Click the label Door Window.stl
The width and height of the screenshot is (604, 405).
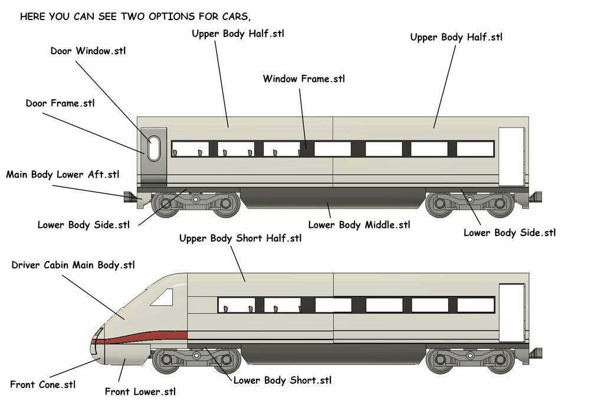88,51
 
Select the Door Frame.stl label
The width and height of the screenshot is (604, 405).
60,103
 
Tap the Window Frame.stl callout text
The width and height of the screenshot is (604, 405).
304,79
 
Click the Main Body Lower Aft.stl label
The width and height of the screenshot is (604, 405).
63,175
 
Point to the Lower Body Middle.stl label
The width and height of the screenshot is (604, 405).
359,225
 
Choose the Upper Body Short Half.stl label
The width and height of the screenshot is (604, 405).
240,239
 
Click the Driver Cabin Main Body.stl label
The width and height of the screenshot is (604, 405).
73,265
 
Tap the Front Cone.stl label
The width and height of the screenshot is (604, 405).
43,385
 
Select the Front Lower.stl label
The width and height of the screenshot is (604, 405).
140,391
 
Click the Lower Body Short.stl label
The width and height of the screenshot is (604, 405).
283,380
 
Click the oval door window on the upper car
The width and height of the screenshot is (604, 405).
153,148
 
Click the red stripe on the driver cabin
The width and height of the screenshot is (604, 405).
147,337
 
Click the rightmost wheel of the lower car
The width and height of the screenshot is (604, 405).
501,360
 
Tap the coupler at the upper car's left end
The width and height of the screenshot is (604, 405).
130,197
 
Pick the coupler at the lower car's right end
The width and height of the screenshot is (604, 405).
536,354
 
